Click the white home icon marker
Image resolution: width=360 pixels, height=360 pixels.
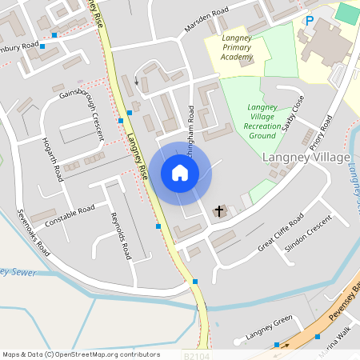pos(179,172)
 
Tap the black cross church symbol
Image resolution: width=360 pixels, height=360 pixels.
pos(218,211)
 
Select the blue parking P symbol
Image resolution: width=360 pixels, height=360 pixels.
pos(309,21)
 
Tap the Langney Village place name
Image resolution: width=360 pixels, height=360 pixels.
pos(306,158)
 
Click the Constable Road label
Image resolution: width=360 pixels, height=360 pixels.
pos(70,214)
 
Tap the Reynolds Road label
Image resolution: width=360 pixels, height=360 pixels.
pos(121,237)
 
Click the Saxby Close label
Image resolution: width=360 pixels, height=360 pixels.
pos(293,116)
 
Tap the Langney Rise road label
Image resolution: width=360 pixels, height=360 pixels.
pos(137,155)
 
